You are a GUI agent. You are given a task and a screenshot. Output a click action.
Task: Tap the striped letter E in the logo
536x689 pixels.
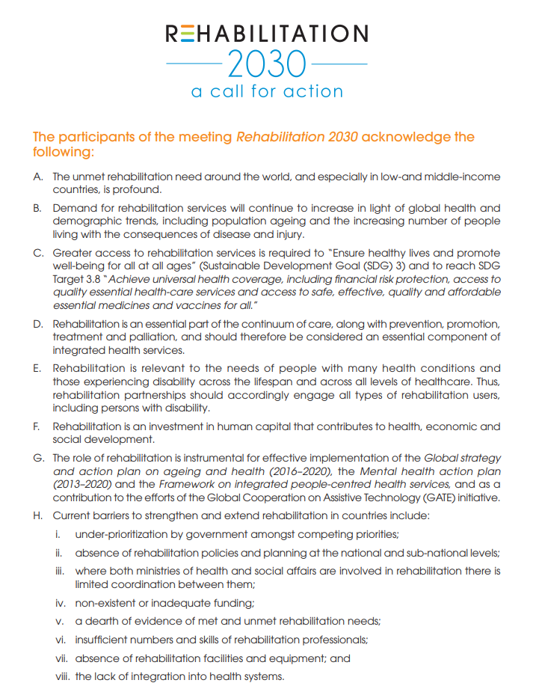188,34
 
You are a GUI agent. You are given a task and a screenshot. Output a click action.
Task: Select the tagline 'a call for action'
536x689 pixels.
267,91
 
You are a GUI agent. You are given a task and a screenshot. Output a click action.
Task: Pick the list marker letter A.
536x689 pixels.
37,177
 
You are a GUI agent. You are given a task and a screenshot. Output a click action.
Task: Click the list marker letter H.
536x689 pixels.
37,516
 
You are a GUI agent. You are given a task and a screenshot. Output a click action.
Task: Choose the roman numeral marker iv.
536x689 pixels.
60,601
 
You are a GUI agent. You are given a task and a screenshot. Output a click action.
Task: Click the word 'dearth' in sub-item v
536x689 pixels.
102,621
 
